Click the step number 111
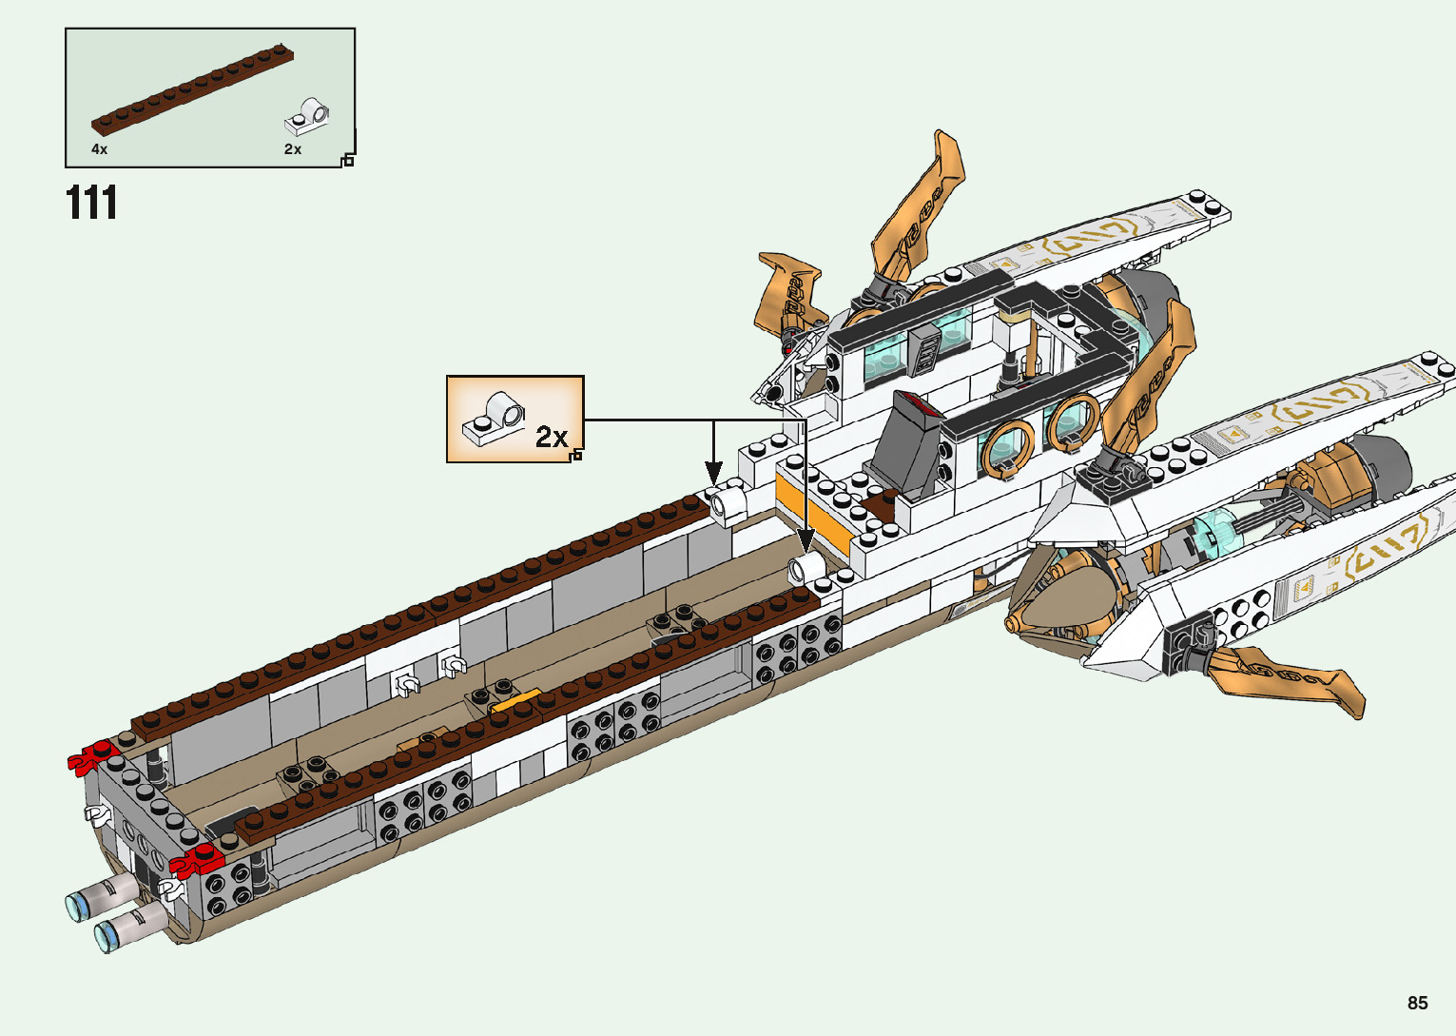(x=92, y=204)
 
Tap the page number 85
(x=1417, y=1003)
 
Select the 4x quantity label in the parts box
(x=100, y=149)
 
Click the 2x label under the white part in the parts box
(x=293, y=149)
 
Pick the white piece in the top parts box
(x=306, y=117)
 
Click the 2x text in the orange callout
(x=551, y=437)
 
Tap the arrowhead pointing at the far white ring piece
(x=713, y=473)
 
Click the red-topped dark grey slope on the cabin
(x=907, y=442)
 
